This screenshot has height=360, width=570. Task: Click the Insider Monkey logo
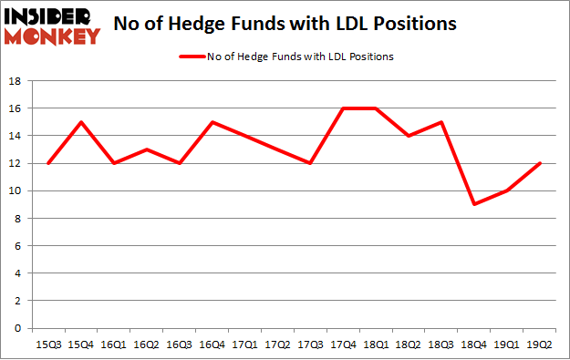tap(52, 26)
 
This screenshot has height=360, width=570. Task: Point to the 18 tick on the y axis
tap(16, 80)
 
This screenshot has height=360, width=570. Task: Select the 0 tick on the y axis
tap(19, 328)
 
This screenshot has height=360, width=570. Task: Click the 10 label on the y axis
tap(16, 190)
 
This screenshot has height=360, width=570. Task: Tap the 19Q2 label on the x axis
tap(539, 345)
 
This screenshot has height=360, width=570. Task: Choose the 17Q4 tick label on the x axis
tap(342, 345)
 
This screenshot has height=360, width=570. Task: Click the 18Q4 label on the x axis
tap(473, 345)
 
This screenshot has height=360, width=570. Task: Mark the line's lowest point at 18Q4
tap(473, 204)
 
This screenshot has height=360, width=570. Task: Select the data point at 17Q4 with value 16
tap(342, 108)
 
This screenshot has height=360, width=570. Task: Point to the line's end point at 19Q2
tap(539, 163)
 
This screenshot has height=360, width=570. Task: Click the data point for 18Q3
tap(440, 122)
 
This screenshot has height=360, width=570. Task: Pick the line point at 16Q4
tap(211, 122)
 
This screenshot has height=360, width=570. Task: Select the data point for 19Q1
tap(506, 190)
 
